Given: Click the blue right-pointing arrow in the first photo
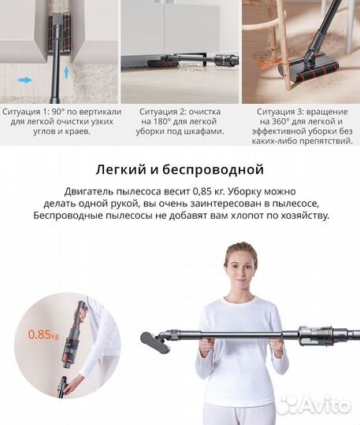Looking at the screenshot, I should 24,79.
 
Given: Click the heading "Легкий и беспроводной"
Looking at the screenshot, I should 180,169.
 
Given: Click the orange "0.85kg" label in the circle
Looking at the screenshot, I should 41,334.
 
